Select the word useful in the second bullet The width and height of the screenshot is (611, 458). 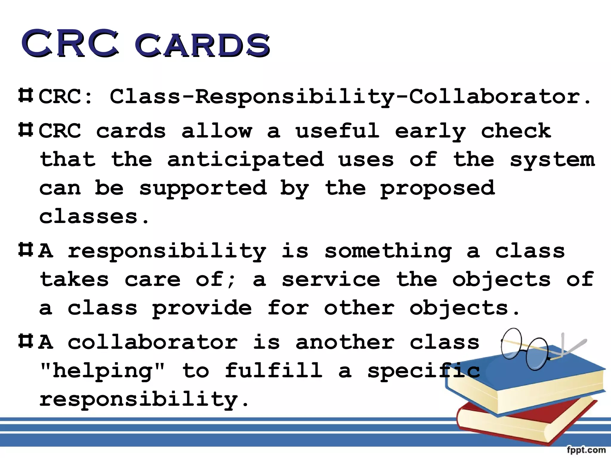[337, 131]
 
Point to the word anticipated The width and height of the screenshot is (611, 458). [245, 160]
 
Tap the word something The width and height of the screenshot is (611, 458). [388, 251]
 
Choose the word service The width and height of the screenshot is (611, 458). [331, 280]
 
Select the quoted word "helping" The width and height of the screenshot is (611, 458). [102, 371]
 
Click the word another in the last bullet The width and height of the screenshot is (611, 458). [345, 342]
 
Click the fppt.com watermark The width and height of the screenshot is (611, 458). [586, 450]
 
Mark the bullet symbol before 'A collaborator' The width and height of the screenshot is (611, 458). [26, 341]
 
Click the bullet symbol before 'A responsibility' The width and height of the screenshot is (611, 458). [26, 250]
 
